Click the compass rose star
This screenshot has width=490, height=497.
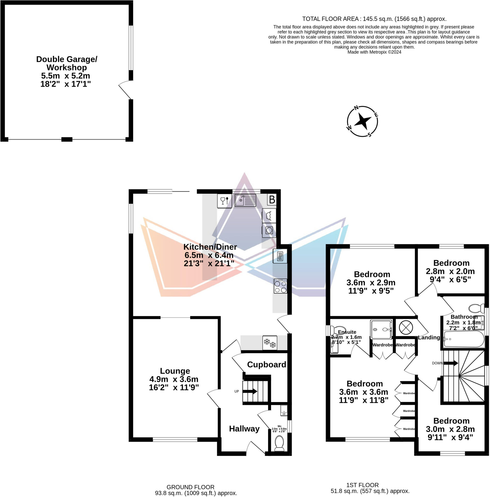point(362,121)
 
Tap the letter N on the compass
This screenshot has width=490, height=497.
point(356,108)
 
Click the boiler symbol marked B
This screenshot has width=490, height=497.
point(272,200)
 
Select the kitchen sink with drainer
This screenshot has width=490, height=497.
point(245,200)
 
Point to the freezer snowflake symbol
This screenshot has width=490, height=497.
point(270,343)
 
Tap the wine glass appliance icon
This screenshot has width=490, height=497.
point(224,201)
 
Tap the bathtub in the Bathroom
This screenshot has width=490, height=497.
point(464,339)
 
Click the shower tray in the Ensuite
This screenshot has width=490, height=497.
point(381,330)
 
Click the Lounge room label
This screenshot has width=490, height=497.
point(175,371)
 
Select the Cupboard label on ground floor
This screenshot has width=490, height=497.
point(266,364)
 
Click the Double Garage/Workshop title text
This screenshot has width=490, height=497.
point(67,63)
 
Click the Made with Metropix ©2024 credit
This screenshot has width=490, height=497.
point(374,52)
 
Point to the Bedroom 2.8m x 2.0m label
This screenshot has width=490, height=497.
point(451,263)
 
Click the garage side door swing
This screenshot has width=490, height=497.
point(125,90)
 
